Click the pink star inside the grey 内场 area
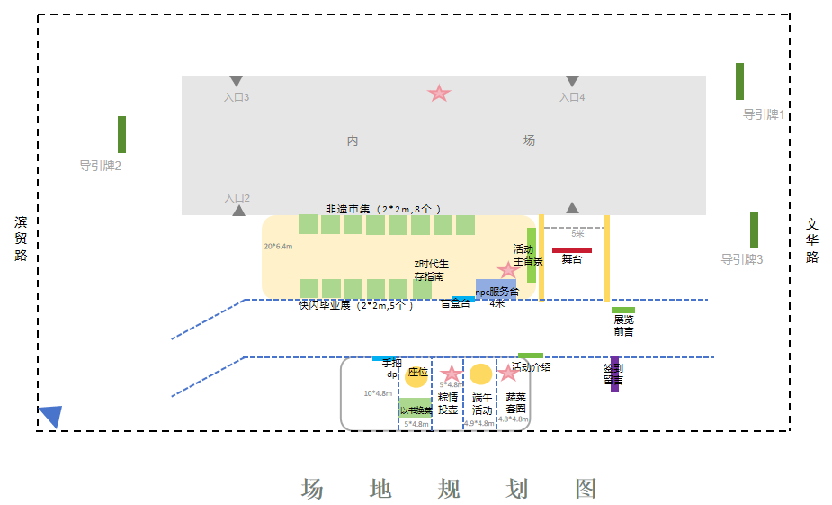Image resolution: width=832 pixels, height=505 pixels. tap(438, 93)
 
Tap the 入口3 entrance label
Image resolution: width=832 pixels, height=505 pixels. tap(237, 97)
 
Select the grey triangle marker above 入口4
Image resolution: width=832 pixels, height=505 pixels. tap(572, 81)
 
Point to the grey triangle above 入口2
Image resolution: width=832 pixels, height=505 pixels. tap(238, 211)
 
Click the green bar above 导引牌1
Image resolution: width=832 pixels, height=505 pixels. tap(739, 81)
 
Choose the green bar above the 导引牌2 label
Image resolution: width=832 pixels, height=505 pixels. tap(121, 134)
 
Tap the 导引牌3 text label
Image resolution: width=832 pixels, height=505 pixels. tap(741, 259)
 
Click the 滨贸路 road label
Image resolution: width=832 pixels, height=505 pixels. tap(21, 239)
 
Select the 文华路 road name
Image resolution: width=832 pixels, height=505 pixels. tap(812, 239)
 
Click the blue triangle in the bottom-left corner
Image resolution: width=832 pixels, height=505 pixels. tap(50, 416)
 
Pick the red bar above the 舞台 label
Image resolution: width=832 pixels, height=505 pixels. tap(572, 250)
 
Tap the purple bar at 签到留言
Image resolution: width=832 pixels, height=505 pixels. tap(614, 374)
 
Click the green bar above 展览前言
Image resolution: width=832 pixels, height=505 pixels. tap(623, 311)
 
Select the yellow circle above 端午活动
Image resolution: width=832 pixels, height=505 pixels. tap(481, 374)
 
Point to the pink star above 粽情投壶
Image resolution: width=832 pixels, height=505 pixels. tap(451, 374)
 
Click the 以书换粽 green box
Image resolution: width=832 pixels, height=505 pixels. tap(416, 410)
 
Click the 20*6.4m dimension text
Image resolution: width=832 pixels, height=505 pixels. tap(278, 246)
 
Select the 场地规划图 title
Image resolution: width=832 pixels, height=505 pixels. tap(449, 489)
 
